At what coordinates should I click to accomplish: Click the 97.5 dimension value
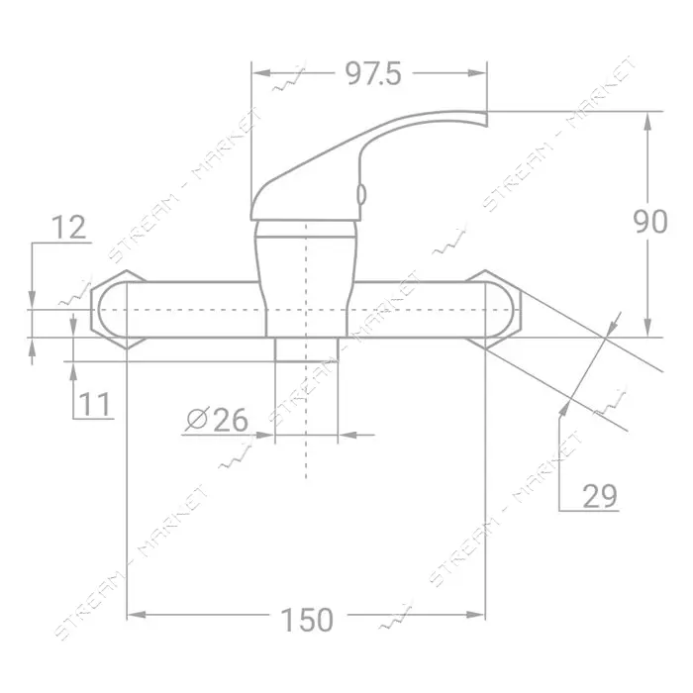click(373, 73)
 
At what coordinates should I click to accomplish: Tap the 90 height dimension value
click(650, 222)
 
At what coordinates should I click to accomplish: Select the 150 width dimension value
click(307, 620)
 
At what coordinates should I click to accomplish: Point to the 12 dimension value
click(69, 228)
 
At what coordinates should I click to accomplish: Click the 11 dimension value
click(94, 404)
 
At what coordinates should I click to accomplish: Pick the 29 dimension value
click(600, 496)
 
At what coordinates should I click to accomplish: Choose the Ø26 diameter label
click(217, 420)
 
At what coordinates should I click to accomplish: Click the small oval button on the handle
click(361, 195)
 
